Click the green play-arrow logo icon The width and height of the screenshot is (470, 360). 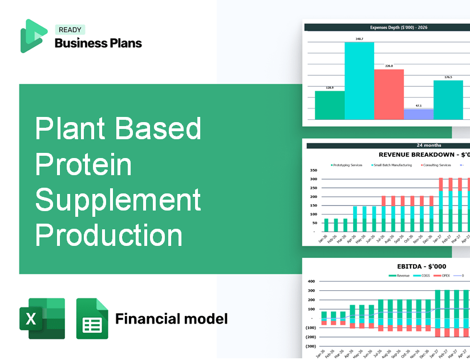click(x=33, y=36)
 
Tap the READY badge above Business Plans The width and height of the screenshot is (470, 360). click(x=70, y=30)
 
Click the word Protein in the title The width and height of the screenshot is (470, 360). click(x=83, y=165)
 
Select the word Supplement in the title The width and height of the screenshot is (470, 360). click(x=118, y=200)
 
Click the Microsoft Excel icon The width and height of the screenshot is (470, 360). click(x=42, y=318)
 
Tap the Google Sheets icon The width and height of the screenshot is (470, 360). click(x=92, y=318)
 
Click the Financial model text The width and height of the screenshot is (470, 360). click(x=171, y=318)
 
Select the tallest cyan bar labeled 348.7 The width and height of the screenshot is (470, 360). click(x=359, y=80)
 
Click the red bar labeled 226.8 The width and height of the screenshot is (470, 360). click(x=388, y=94)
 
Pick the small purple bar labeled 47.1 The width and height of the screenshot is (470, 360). click(x=418, y=114)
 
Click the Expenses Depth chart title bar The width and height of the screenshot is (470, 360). click(x=387, y=27)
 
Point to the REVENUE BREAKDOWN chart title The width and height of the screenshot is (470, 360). click(x=424, y=155)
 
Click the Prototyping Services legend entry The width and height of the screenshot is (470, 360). click(x=347, y=165)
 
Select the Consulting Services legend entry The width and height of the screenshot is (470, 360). click(x=437, y=165)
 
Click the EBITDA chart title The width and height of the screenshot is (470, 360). click(x=422, y=266)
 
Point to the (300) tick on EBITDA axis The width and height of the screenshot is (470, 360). click(x=310, y=346)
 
